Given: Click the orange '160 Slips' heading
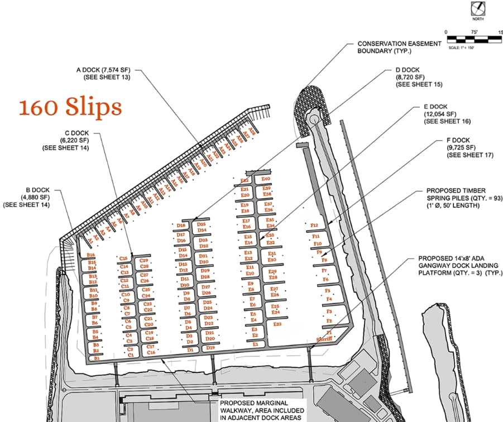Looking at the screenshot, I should [70, 107].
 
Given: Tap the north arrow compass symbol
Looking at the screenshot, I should [478, 9].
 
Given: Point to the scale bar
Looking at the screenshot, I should [475, 39].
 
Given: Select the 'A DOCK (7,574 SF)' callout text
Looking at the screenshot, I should [106, 74].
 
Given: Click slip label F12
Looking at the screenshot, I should [314, 226].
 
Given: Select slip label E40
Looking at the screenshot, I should [266, 179].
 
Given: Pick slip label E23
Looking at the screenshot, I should [277, 324].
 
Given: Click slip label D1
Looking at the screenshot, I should [190, 350].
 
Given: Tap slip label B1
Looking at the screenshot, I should [97, 358].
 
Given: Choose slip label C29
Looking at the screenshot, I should [144, 260].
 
